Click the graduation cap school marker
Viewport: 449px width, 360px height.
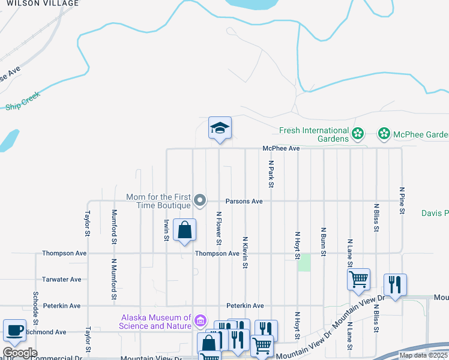(x=220, y=128)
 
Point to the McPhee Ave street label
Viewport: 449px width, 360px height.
(x=281, y=148)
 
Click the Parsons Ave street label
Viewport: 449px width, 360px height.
(x=244, y=201)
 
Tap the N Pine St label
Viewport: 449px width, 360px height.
(x=402, y=202)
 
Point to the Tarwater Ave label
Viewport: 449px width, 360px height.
(x=61, y=280)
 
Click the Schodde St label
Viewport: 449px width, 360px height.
(x=36, y=306)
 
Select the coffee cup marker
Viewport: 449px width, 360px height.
(x=14, y=331)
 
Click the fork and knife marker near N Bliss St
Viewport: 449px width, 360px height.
(x=395, y=284)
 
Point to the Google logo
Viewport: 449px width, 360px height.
(x=20, y=353)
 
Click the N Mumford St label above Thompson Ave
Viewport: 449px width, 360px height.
(x=114, y=227)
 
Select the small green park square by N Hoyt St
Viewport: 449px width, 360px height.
(x=304, y=262)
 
